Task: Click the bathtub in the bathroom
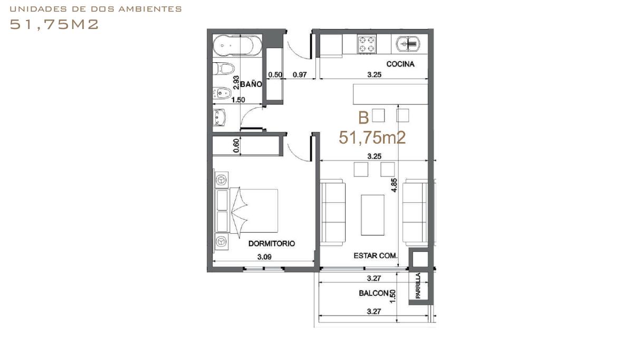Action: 237,45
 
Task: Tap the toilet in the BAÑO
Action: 224,69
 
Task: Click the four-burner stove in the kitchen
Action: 367,44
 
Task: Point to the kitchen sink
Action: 408,44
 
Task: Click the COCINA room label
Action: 400,64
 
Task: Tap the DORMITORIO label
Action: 272,243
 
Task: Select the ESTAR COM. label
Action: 376,255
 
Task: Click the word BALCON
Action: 373,293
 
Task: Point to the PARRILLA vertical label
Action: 418,286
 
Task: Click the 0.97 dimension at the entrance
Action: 300,74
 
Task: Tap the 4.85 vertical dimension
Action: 394,185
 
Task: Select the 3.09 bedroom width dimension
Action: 264,257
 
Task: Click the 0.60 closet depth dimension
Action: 236,146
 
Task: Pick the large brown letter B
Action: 363,118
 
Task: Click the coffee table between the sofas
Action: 372,215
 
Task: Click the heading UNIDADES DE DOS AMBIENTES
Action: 95,9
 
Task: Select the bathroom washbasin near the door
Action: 219,117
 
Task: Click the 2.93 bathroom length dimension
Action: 236,82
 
